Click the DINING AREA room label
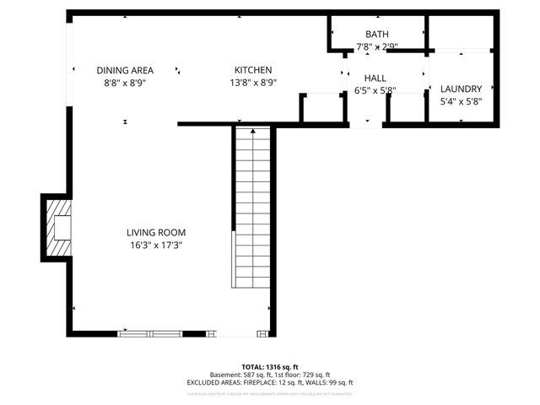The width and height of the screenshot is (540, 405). (125, 71)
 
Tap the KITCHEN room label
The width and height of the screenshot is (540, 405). (253, 70)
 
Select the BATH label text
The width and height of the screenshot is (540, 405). (376, 35)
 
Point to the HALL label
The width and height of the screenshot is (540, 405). (375, 78)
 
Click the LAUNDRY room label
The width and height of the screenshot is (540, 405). (461, 89)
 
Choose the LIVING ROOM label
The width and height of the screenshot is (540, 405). (156, 233)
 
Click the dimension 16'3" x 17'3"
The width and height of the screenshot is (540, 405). (156, 246)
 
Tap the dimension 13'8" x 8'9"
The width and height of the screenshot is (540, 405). (253, 83)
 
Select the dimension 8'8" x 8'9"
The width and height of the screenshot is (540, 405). (125, 84)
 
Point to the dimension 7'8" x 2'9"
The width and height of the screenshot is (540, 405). (376, 47)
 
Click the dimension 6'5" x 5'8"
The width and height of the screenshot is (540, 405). (375, 90)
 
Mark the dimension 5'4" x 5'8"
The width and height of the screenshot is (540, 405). (461, 101)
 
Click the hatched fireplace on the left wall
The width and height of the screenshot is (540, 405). (59, 228)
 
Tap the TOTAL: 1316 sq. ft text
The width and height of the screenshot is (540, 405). (270, 367)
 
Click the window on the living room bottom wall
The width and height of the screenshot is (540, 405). (150, 334)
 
